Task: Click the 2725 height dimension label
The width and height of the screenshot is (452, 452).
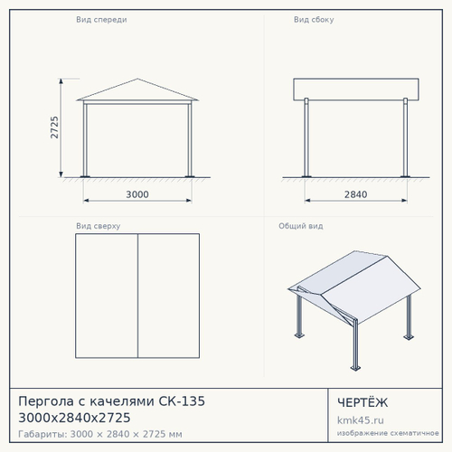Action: click(54, 127)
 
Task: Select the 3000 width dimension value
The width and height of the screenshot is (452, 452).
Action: click(137, 194)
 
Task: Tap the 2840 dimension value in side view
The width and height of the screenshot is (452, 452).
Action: click(356, 194)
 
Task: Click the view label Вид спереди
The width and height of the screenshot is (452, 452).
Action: click(101, 20)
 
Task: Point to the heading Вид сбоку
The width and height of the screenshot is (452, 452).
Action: click(314, 20)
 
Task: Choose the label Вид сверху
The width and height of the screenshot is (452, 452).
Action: click(99, 226)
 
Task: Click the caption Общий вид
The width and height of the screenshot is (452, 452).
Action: click(301, 226)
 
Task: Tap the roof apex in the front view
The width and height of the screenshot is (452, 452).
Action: click(137, 79)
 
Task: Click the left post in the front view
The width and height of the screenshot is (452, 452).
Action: click(85, 139)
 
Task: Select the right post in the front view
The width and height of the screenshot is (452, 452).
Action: click(190, 139)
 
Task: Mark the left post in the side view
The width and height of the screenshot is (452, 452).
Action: click(306, 137)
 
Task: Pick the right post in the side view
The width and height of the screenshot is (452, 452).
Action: click(405, 137)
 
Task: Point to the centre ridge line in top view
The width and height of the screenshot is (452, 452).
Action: click(137, 296)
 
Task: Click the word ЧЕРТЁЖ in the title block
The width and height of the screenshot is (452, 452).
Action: click(363, 402)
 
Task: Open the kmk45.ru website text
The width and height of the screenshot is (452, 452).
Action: click(361, 420)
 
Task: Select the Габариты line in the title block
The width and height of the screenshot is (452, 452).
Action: click(100, 434)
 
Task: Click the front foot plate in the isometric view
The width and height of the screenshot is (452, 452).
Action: click(355, 368)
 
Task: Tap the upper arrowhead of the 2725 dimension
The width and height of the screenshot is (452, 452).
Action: click(61, 80)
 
